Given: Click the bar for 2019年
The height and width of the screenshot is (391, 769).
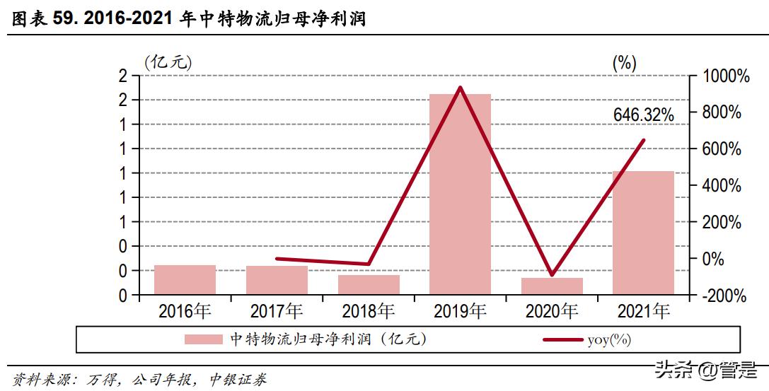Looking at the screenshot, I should [x=460, y=194].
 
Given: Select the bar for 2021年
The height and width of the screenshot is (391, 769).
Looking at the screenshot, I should [x=643, y=233].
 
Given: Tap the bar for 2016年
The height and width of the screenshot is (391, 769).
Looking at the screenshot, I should [x=185, y=280].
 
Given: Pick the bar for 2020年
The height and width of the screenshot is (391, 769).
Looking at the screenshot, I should [x=552, y=286].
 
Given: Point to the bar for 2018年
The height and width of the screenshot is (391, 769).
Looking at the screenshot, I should [x=369, y=285].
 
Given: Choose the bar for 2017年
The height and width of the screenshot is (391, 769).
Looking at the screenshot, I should [x=277, y=280].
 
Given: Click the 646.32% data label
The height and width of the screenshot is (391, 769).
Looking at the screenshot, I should [x=643, y=115].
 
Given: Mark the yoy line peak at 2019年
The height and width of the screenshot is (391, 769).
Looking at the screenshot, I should [x=461, y=88].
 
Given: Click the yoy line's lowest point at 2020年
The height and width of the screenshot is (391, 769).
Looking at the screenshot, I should [x=552, y=274].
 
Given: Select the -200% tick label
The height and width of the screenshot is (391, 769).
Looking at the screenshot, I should [x=723, y=296].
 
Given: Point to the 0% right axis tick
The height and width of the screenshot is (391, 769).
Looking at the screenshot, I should [x=715, y=259].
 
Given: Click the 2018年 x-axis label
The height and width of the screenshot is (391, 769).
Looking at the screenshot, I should [x=368, y=311].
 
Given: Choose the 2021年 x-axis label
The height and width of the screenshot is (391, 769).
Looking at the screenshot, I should [x=643, y=311].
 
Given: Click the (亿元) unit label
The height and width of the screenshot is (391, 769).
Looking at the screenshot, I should [x=168, y=62].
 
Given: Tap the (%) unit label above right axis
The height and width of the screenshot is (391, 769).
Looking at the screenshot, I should [x=624, y=62].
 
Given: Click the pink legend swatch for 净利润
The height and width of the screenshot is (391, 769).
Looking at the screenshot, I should [x=204, y=339].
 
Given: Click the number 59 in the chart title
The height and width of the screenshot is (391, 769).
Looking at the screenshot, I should [x=64, y=19].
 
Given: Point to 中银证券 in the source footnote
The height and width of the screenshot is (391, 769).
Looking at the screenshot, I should [x=238, y=380].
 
